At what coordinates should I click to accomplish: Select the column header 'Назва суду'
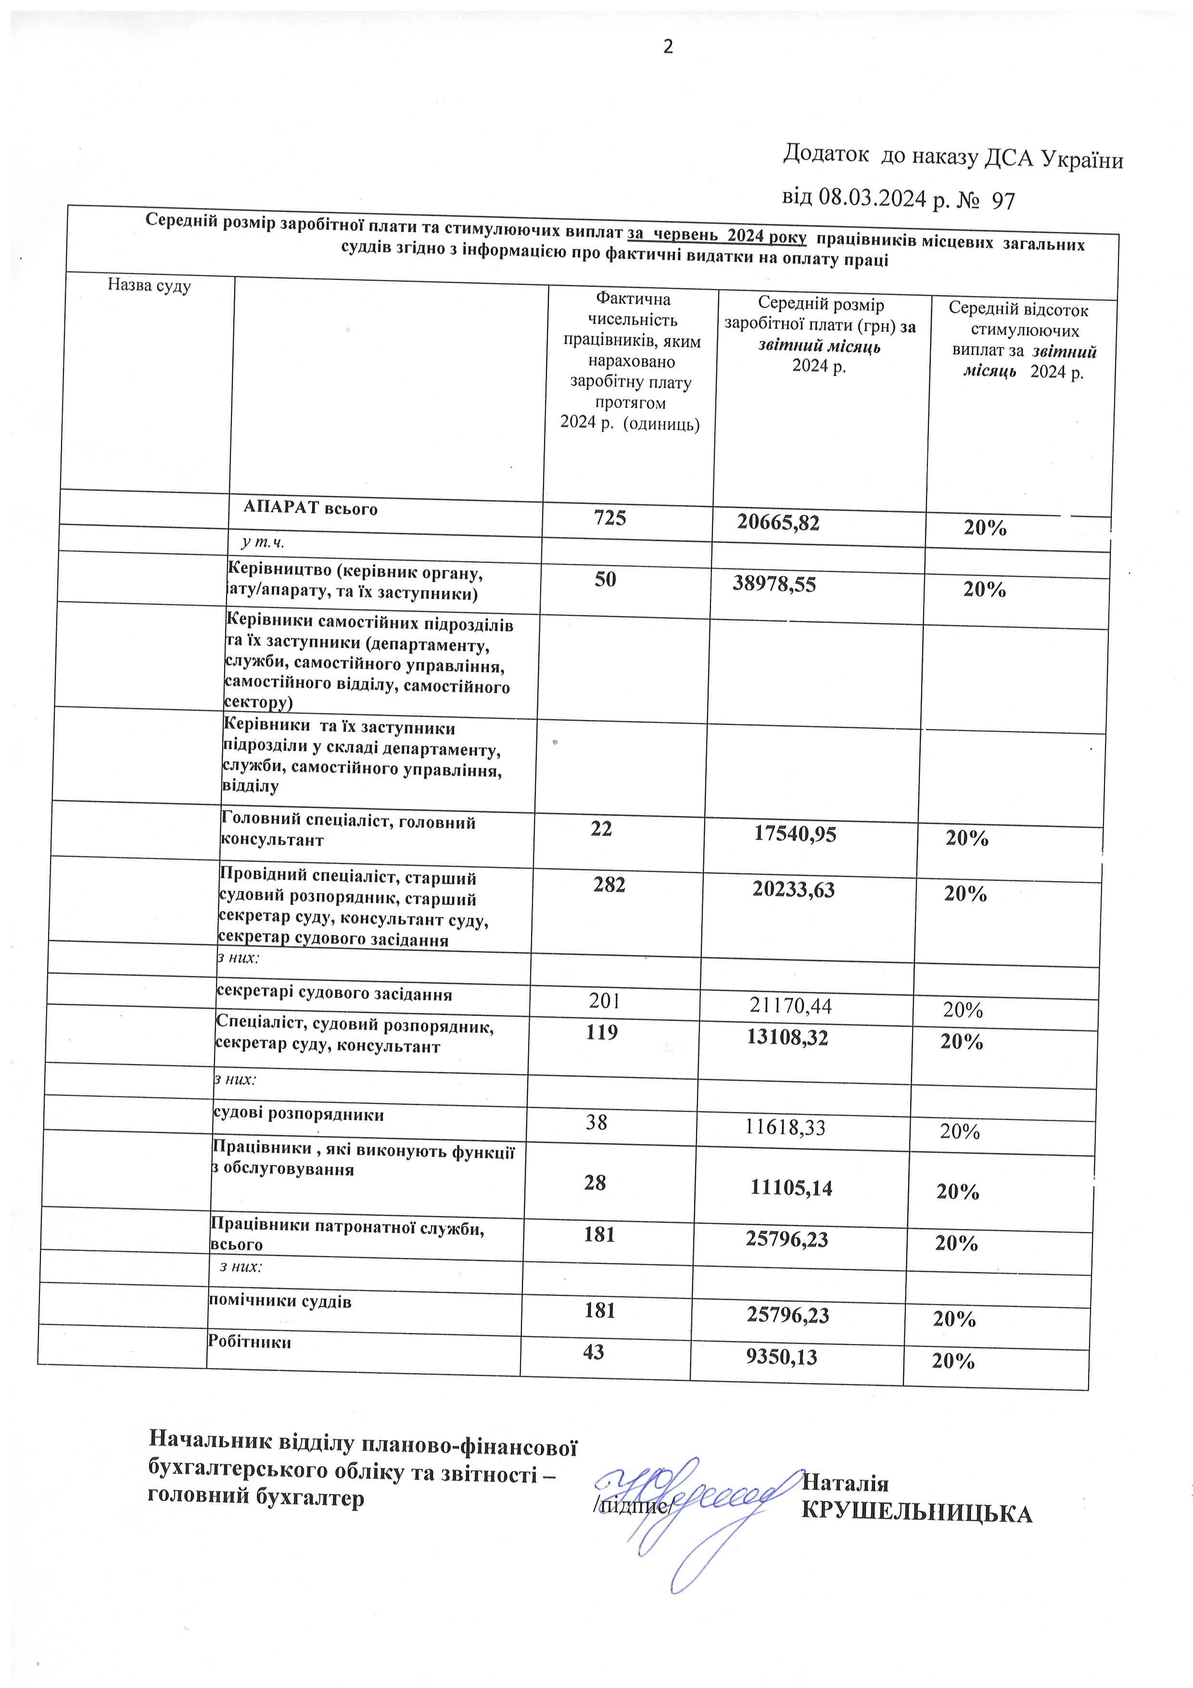pyautogui.click(x=149, y=285)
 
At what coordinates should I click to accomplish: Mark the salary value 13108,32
pyautogui.click(x=787, y=1037)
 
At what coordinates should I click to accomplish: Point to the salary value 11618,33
pyautogui.click(x=785, y=1127)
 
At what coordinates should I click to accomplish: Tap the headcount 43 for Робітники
pyautogui.click(x=593, y=1351)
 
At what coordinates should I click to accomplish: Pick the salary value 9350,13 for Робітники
pyautogui.click(x=781, y=1356)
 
